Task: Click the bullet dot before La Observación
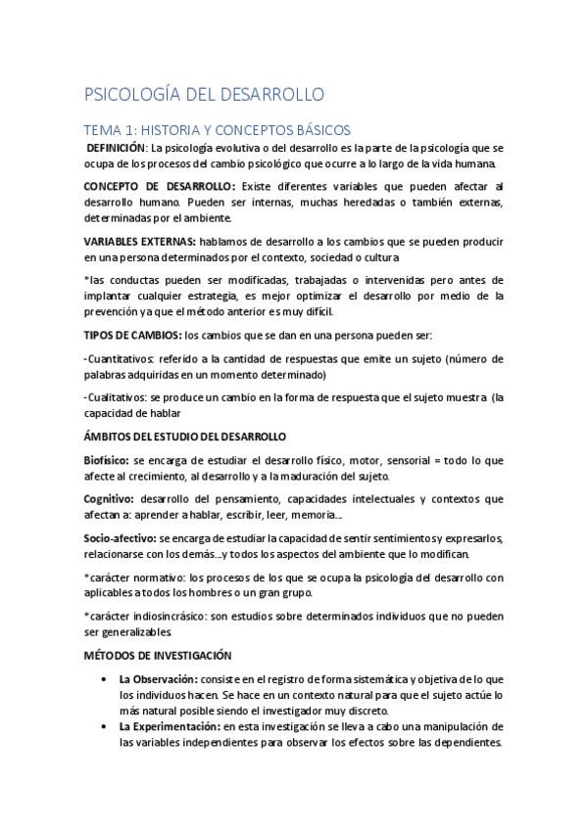pos(105,678)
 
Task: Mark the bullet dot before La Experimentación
pos(105,726)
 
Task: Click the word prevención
pos(116,311)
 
